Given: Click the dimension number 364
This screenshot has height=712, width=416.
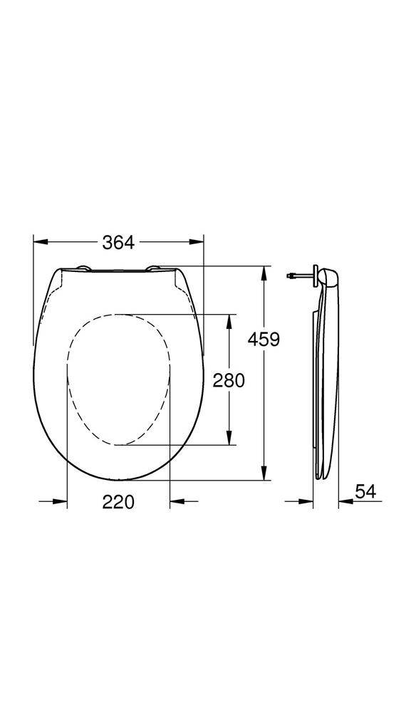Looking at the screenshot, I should click(x=118, y=243).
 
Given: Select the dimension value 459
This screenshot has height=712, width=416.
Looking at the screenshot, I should click(x=264, y=339).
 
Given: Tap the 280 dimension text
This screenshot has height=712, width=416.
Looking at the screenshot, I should click(x=229, y=380).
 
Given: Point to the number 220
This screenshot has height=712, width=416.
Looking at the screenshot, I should click(x=118, y=502).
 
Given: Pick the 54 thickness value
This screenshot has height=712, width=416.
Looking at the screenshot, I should click(x=365, y=491).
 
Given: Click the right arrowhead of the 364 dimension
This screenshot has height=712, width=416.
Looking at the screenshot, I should click(x=197, y=242).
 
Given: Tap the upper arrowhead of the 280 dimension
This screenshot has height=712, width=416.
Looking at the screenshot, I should click(x=229, y=320).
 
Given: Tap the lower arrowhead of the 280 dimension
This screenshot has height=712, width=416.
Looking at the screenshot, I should click(x=229, y=439).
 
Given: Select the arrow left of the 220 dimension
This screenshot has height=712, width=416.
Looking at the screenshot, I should click(x=61, y=503).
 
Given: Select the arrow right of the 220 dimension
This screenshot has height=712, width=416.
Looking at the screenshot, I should click(x=176, y=503).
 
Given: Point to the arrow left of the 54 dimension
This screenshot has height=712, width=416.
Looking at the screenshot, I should click(x=307, y=503).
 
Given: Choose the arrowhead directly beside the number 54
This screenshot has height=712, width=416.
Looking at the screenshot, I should click(x=344, y=503).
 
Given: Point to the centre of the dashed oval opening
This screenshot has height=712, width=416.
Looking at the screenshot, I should click(x=119, y=379).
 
